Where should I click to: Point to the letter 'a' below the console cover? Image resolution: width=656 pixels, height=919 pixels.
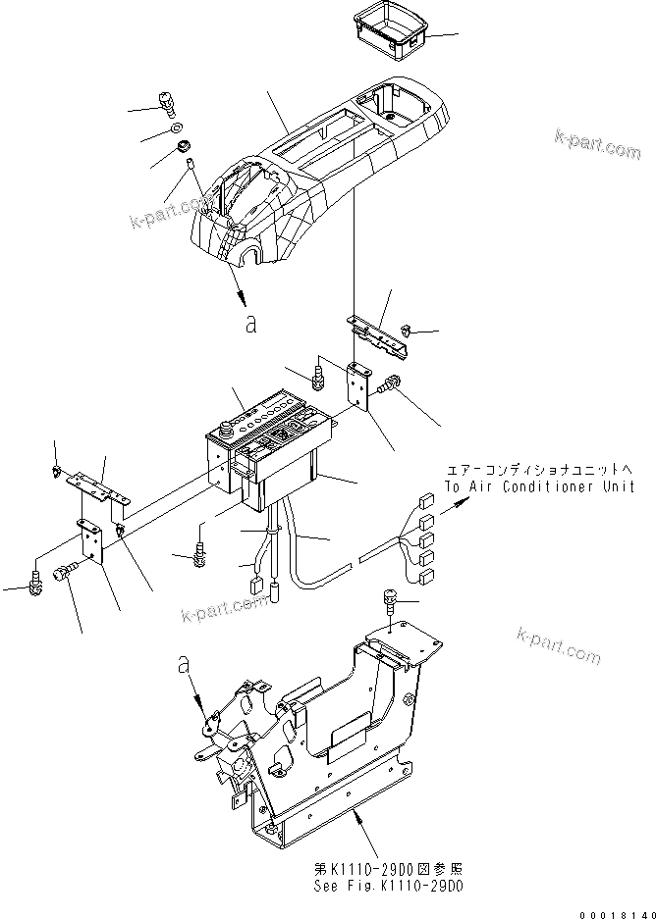251,323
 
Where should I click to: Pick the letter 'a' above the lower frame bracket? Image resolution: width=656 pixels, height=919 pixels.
182,664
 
